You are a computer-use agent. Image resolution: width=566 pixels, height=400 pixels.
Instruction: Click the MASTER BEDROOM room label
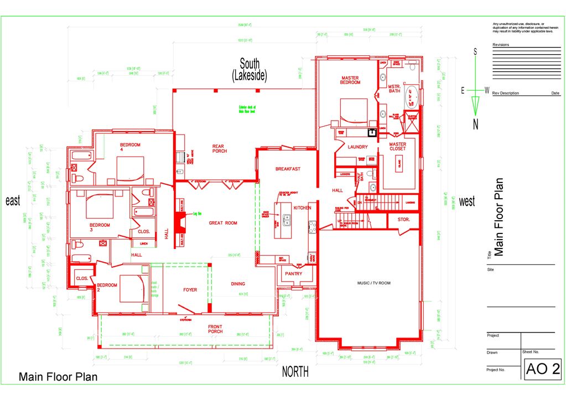pos(350,80)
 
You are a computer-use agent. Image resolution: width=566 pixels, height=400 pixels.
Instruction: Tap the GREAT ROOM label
pos(223,223)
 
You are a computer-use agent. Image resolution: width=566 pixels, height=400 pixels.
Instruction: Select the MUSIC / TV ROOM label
pos(373,283)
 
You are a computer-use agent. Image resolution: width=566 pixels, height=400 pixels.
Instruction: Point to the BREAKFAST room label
pos(288,169)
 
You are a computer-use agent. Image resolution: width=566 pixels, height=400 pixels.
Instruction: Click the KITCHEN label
pos(303,207)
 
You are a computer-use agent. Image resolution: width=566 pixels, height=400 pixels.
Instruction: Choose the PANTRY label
pos(293,274)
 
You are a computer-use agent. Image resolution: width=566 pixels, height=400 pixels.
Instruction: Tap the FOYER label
pos(190,289)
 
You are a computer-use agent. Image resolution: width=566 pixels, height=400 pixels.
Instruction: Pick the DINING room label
pos(238,284)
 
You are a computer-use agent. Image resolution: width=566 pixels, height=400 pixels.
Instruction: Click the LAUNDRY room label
pos(358,147)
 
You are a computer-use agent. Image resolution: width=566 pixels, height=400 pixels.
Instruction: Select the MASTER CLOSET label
pos(397,147)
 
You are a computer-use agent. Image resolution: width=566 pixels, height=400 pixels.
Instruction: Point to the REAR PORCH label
pos(219,149)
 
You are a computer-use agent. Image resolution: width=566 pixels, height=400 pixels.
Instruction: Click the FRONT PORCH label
pos(215,329)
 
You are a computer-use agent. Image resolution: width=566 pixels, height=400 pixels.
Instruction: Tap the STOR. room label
pos(404,220)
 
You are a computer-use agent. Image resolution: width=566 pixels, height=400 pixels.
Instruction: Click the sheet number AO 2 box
pos(543,369)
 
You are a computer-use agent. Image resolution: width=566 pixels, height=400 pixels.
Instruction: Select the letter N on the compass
pos(475,125)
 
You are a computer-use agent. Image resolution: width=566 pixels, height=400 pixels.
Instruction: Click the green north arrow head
pos(475,106)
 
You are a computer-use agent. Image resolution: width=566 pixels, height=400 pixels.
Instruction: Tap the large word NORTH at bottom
pos(295,372)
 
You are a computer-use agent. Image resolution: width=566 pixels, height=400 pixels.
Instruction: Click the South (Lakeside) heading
pos(249,70)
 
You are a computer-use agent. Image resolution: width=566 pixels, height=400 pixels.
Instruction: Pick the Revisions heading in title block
pos(501,45)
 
